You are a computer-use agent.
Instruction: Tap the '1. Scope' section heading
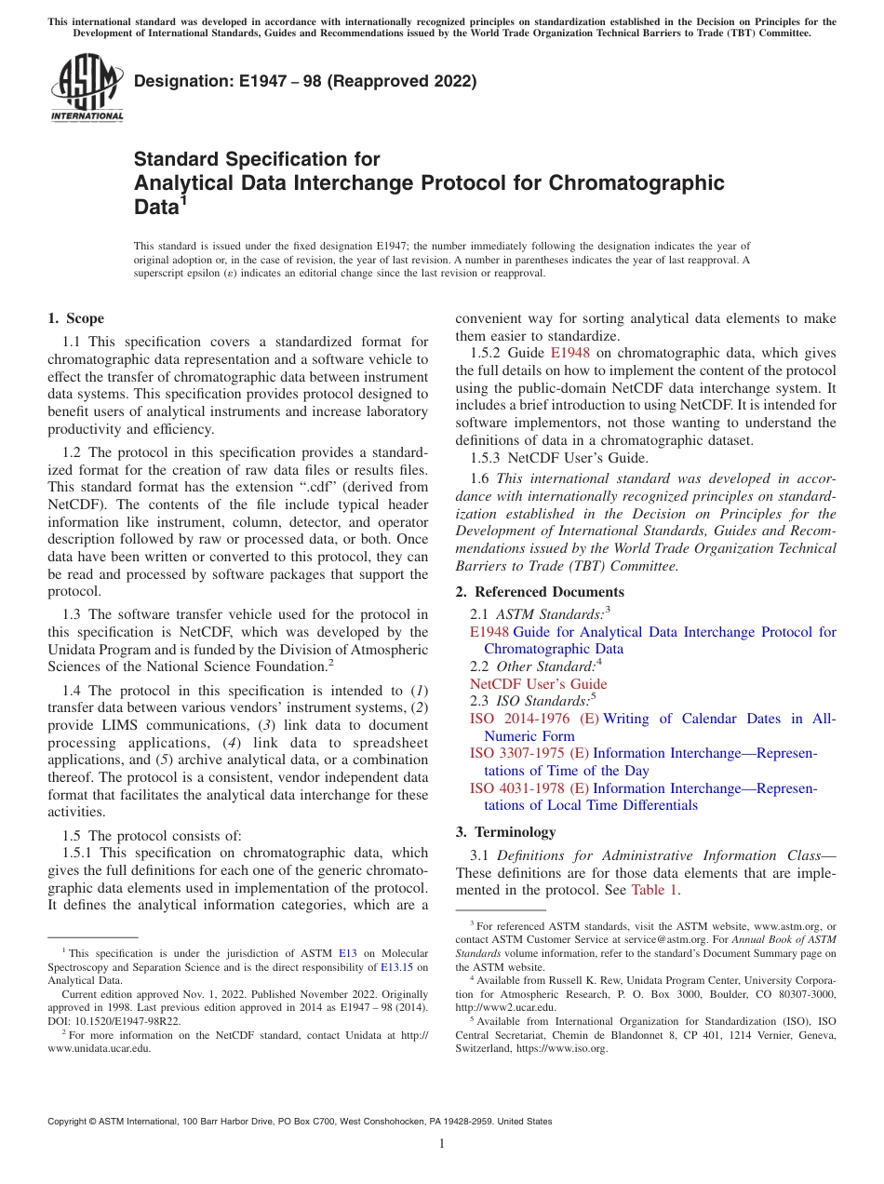pyautogui.click(x=75, y=318)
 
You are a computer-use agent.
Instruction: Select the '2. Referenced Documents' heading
pyautogui.click(x=540, y=592)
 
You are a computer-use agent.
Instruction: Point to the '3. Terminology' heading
pyautogui.click(x=505, y=832)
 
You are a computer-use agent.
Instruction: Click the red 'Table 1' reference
pyautogui.click(x=655, y=890)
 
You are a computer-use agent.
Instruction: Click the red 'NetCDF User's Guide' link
pyautogui.click(x=538, y=684)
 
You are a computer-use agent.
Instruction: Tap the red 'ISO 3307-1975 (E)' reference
pyautogui.click(x=529, y=753)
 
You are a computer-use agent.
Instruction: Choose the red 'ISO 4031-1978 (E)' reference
pyautogui.click(x=529, y=788)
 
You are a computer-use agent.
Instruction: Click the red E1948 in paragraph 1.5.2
pyautogui.click(x=569, y=353)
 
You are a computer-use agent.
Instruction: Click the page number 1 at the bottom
pyautogui.click(x=442, y=1144)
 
